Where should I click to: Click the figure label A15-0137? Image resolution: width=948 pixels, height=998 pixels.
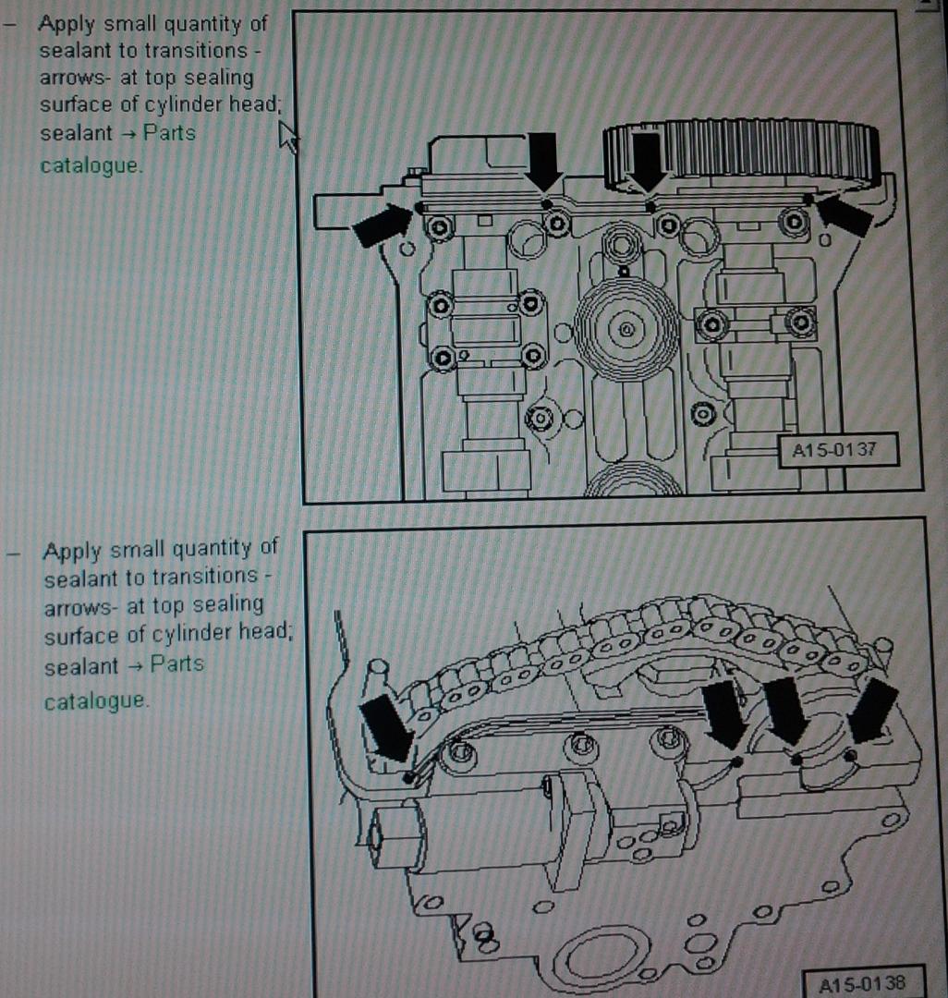coord(834,451)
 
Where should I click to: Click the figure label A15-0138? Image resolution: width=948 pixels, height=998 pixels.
coord(861,982)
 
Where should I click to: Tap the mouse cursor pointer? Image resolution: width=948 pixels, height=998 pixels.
coord(288,137)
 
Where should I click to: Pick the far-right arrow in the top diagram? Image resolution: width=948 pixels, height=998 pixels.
coord(844,215)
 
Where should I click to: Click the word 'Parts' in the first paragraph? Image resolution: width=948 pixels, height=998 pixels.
coord(169,133)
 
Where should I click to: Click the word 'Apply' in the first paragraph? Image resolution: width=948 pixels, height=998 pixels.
coord(67,25)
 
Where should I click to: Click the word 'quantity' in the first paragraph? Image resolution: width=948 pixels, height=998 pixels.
coord(205,25)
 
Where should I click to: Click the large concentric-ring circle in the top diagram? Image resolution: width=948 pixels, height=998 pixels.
coord(626,329)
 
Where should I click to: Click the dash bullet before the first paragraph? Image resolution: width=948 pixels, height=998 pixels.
coord(9,26)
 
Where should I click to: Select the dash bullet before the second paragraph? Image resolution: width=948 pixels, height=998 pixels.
coord(13,553)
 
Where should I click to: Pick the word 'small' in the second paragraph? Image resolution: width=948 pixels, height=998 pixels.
coord(138,549)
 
